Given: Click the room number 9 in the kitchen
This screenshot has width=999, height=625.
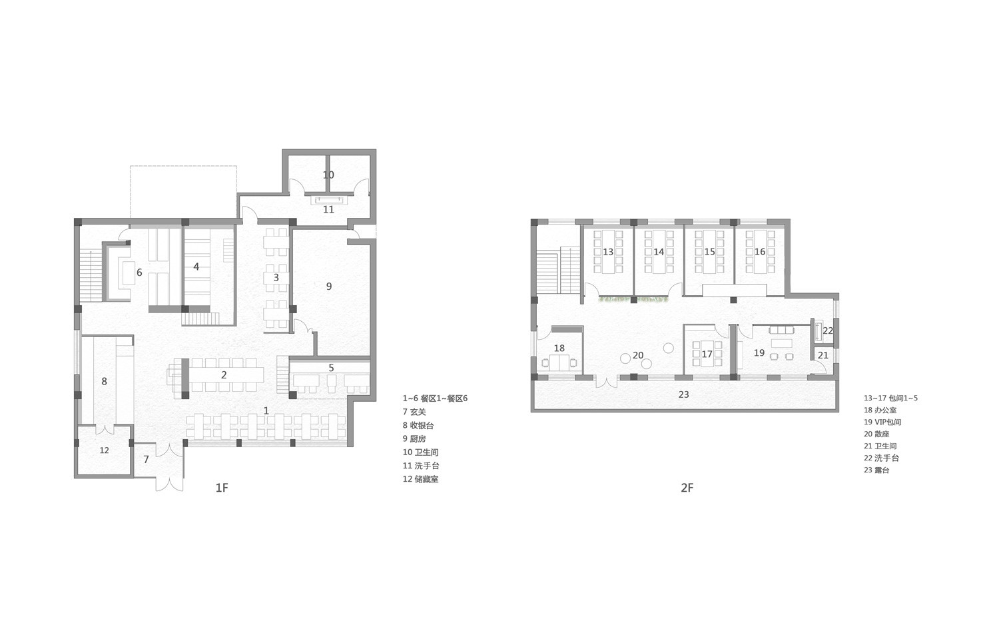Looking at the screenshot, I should [328, 287].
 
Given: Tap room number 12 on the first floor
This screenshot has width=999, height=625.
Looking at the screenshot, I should [104, 450].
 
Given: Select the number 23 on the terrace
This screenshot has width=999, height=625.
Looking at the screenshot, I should [683, 394].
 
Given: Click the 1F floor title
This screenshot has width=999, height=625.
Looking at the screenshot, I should [222, 488].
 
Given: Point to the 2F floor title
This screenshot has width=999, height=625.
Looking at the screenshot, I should [687, 488].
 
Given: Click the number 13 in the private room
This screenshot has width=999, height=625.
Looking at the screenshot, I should [608, 252].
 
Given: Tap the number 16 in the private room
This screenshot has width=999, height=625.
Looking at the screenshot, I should [760, 252].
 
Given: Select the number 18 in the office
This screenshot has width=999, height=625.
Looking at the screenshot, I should [559, 348].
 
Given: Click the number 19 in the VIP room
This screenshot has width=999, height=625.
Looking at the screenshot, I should [759, 353].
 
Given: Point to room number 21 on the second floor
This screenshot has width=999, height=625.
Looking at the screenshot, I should [823, 355].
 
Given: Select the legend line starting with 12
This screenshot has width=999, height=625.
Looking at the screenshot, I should [420, 479].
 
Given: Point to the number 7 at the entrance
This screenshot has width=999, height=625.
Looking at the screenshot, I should [147, 460].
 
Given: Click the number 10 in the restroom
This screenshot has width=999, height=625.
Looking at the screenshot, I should [328, 175].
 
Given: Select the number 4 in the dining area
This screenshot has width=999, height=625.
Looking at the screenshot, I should [196, 267].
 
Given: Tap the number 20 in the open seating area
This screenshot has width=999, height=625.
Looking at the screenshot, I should [638, 355].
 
